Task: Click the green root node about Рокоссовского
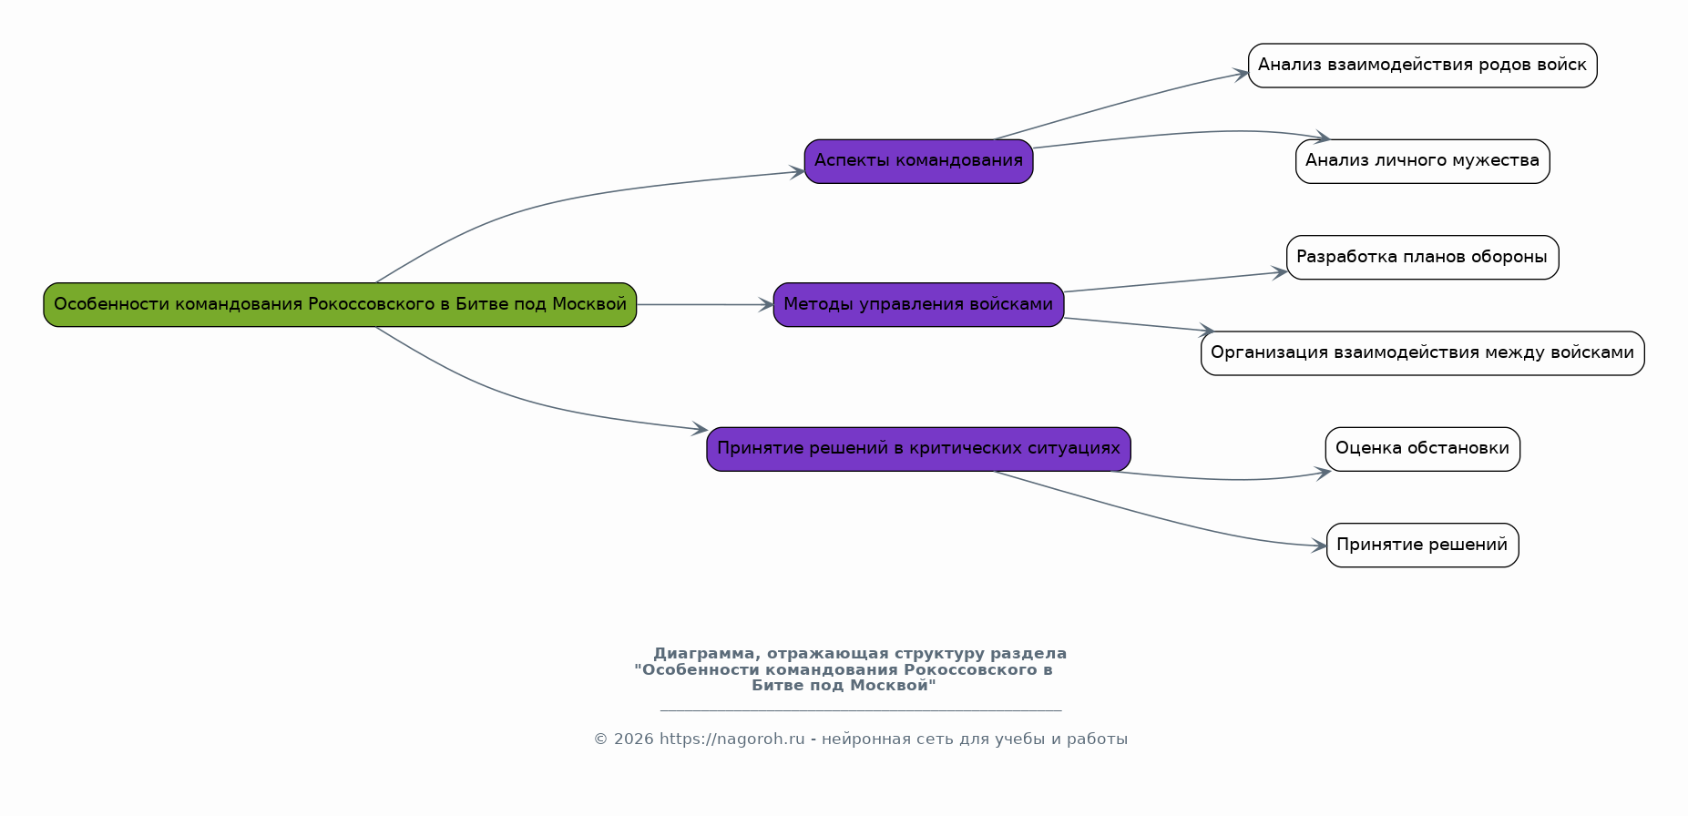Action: [340, 304]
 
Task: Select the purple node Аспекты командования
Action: [918, 161]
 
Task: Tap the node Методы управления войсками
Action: [918, 304]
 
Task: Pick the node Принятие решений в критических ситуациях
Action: [918, 449]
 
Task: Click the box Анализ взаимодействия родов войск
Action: [1422, 66]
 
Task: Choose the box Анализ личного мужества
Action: [1422, 161]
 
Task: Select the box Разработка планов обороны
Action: [1422, 257]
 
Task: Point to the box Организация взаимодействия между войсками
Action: [1422, 353]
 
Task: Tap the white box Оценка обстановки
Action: [1422, 449]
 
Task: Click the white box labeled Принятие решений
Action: [1422, 545]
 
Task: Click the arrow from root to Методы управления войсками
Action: [705, 304]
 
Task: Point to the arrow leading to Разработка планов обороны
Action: [1175, 281]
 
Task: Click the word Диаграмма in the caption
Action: [704, 654]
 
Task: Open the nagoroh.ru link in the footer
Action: [731, 739]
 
